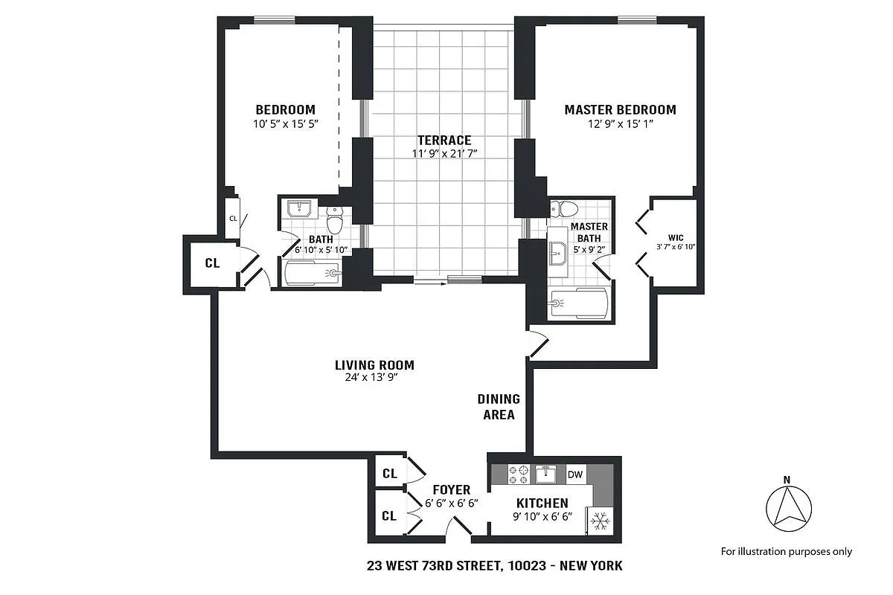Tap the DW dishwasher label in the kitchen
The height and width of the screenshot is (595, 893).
[x=574, y=474]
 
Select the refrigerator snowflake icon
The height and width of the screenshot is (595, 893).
[x=600, y=521]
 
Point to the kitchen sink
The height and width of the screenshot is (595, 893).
[x=545, y=473]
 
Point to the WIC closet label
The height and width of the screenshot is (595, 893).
[x=676, y=238]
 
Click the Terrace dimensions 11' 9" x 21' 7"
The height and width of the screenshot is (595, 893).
[x=444, y=154]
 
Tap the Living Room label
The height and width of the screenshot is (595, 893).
[x=374, y=365]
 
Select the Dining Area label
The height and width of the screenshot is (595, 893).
[x=499, y=407]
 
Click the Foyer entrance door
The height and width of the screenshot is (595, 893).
[x=456, y=529]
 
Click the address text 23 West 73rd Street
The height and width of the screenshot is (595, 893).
[x=495, y=566]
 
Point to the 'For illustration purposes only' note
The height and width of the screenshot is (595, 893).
[x=787, y=551]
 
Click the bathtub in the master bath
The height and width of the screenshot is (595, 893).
[x=579, y=303]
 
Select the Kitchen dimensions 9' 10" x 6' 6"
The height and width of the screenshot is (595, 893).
[x=542, y=518]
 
